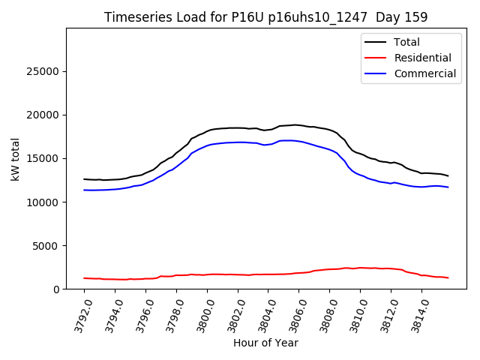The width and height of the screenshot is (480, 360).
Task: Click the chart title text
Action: point(266,17)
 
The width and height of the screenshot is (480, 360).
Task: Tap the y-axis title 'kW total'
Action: point(15,159)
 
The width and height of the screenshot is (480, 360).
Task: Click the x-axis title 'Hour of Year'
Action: point(265,343)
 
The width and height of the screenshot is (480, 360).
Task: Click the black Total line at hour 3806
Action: point(298,124)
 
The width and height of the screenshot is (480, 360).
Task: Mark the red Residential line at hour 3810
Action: point(360,268)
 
